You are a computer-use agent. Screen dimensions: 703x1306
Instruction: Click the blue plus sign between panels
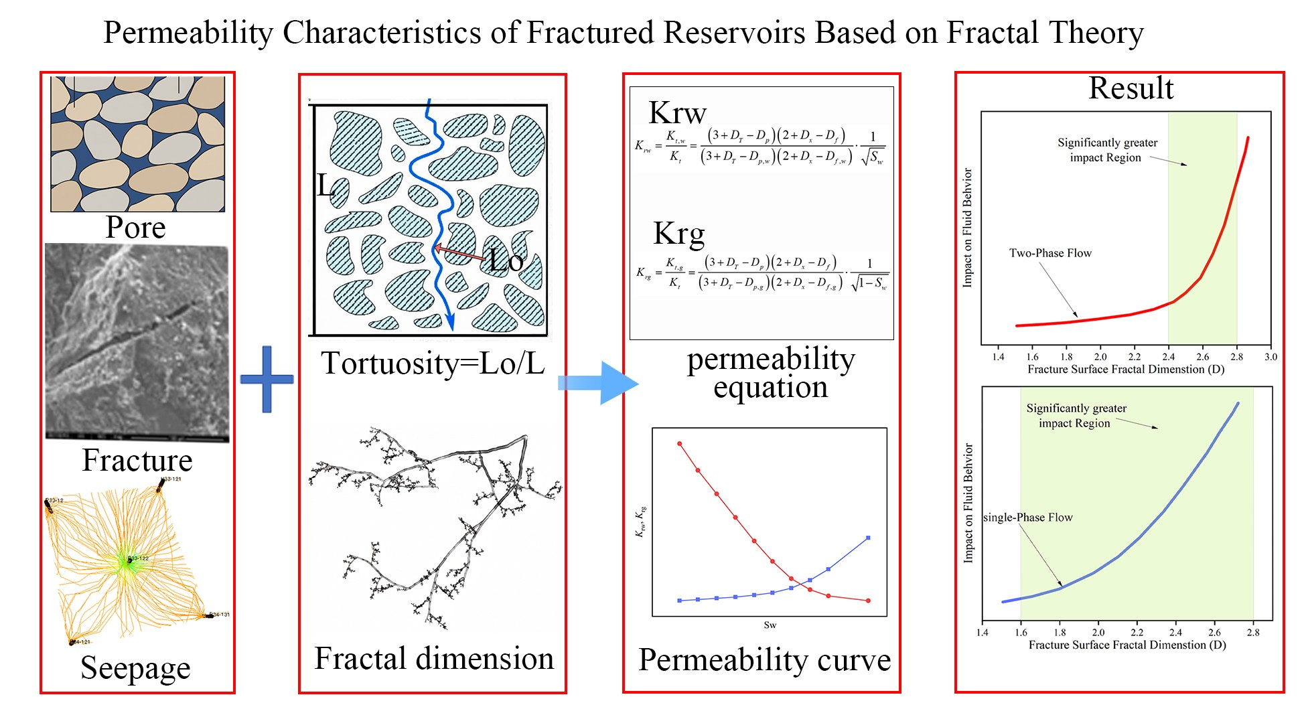click(267, 379)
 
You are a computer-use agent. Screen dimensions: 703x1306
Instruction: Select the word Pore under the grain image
click(135, 228)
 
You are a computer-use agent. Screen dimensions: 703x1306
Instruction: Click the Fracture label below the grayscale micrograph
click(137, 460)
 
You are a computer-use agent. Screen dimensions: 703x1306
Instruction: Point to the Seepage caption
click(135, 668)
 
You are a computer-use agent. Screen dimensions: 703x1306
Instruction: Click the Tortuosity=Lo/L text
click(433, 364)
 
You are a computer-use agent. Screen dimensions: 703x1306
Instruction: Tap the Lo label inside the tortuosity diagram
click(505, 260)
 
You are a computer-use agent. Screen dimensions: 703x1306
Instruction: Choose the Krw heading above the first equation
click(677, 112)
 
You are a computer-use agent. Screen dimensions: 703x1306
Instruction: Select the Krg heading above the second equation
click(678, 234)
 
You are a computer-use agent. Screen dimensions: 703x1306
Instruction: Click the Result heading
click(1131, 88)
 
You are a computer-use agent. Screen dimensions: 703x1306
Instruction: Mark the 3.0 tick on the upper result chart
click(1271, 357)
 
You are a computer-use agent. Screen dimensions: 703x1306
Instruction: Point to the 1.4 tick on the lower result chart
click(982, 632)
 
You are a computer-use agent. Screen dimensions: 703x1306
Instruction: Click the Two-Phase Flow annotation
click(1050, 253)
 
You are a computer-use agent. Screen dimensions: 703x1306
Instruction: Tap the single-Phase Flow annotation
click(1027, 518)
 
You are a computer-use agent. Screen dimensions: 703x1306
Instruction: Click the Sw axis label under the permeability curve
click(770, 625)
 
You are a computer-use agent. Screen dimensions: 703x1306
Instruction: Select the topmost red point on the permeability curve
click(680, 444)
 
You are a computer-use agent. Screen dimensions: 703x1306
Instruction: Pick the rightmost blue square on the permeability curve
click(869, 538)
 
